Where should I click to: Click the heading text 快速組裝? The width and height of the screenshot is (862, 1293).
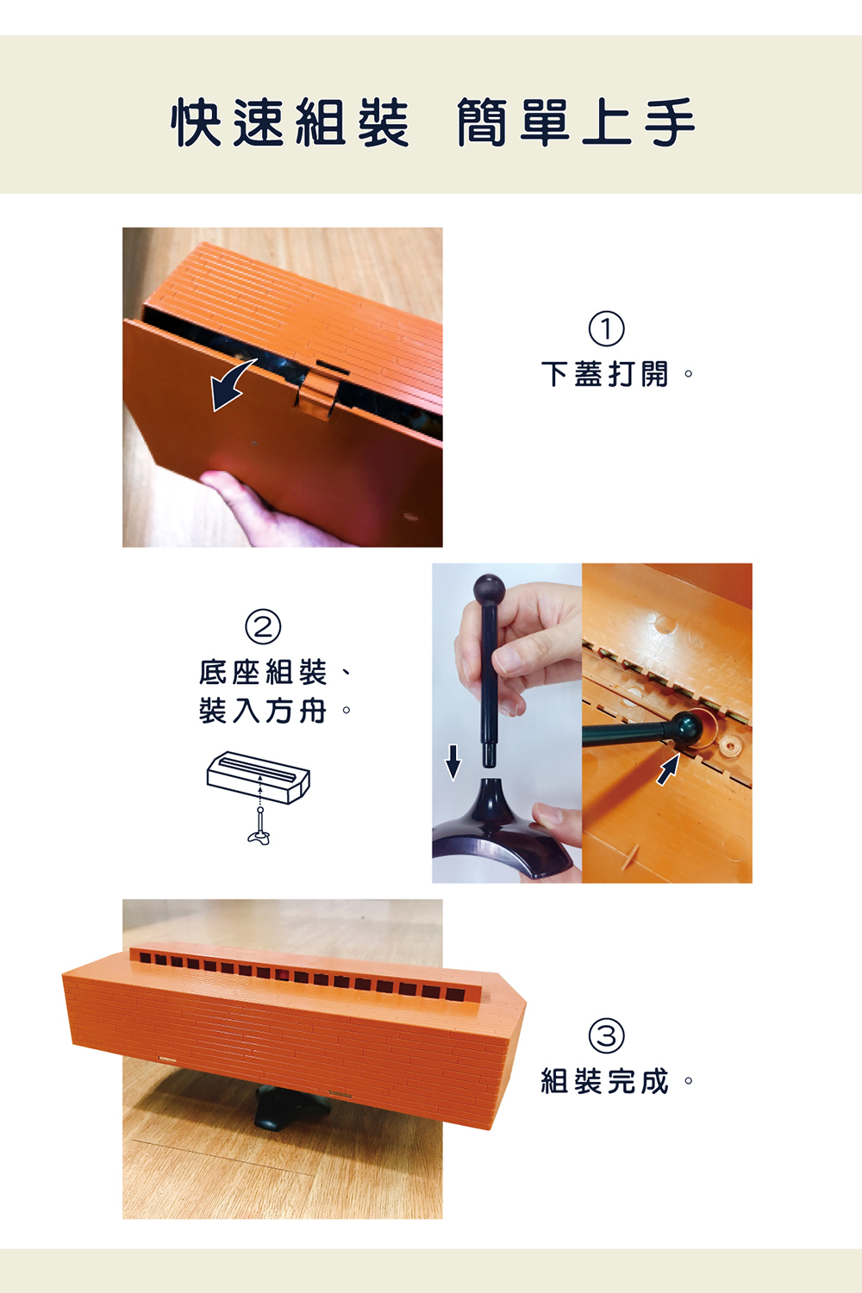(290, 121)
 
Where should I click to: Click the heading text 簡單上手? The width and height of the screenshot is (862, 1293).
(576, 121)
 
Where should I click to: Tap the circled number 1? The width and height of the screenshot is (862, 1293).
(606, 329)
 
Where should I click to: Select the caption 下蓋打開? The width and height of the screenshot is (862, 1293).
(605, 374)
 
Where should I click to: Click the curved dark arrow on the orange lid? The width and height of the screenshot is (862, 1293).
(231, 384)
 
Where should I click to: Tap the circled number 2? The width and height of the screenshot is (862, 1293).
(263, 627)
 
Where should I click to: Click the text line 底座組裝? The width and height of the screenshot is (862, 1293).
(263, 672)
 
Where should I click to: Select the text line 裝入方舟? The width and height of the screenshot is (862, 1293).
(263, 711)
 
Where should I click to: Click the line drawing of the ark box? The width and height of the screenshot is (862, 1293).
(259, 777)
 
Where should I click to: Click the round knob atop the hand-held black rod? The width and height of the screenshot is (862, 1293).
(489, 589)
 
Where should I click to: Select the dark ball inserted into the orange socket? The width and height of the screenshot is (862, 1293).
(688, 729)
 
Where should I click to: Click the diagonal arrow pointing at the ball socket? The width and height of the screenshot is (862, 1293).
(668, 769)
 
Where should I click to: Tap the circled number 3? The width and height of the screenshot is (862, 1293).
(606, 1035)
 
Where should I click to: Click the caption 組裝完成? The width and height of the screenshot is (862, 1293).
(605, 1080)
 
